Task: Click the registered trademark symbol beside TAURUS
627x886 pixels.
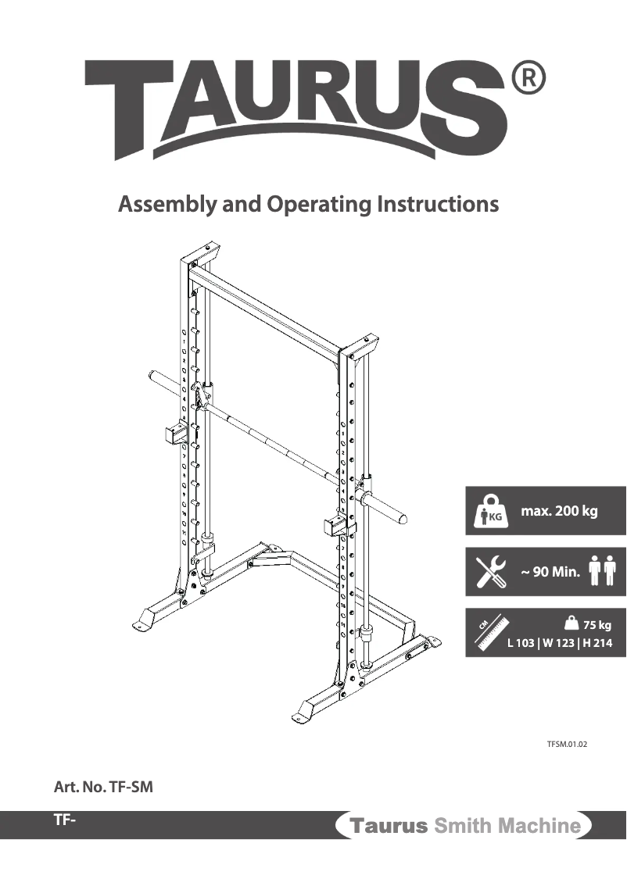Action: pyautogui.click(x=528, y=79)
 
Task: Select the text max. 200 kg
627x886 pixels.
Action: pyautogui.click(x=559, y=512)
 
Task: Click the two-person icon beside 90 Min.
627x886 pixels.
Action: pyautogui.click(x=603, y=571)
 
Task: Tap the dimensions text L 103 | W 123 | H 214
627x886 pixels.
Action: pyautogui.click(x=559, y=644)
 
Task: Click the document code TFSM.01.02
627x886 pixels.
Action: pyautogui.click(x=567, y=745)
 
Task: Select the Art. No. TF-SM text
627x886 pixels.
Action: pyautogui.click(x=103, y=788)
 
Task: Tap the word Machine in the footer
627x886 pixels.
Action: pyautogui.click(x=540, y=826)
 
